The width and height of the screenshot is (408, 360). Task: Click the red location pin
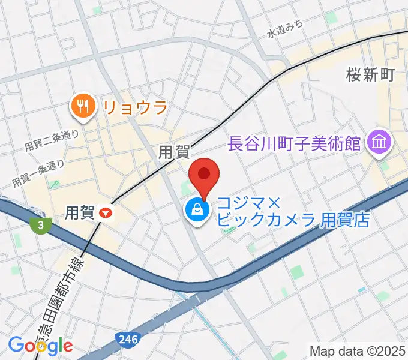[204, 175]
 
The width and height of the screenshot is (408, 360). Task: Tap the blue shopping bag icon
[197, 209]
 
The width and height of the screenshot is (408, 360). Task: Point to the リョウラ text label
[134, 107]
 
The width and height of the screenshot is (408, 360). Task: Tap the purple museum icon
[381, 142]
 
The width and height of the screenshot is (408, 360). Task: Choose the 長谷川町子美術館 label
[294, 143]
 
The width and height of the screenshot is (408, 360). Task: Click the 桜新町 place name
[370, 74]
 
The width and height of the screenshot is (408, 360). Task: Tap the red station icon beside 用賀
[107, 212]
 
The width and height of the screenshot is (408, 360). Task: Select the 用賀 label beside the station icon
[79, 212]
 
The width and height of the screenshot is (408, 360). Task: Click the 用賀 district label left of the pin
[173, 153]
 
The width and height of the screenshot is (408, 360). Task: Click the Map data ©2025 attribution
[358, 350]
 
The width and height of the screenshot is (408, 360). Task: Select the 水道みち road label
[286, 29]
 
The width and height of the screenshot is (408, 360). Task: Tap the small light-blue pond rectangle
[361, 289]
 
